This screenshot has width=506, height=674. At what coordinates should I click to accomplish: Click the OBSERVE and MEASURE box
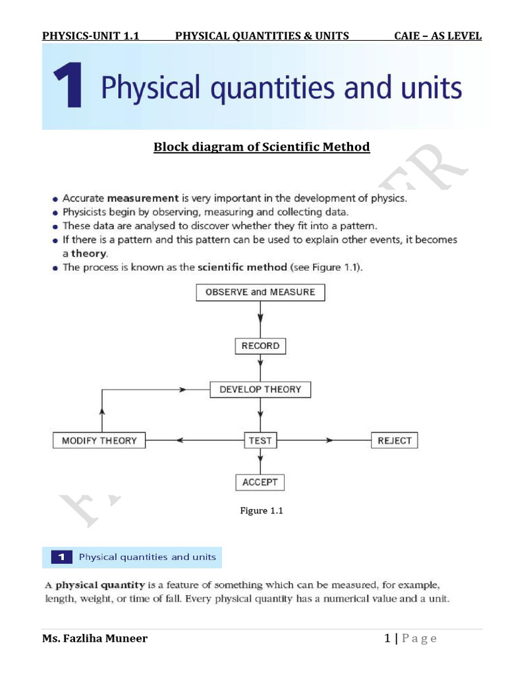point(260,292)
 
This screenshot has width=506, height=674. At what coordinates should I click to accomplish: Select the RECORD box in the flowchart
point(260,346)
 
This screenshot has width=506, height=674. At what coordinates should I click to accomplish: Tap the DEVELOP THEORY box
point(260,390)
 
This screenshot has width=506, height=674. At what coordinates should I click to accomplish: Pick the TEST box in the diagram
point(260,440)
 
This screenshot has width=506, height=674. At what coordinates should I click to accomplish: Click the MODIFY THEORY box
point(99,440)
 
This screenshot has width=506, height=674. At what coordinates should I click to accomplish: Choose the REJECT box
point(395,440)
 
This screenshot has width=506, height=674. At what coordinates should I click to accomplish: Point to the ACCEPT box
point(260,482)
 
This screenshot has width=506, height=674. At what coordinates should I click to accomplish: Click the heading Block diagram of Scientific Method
point(262,147)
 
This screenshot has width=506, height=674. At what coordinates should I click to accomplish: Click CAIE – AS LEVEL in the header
point(437,36)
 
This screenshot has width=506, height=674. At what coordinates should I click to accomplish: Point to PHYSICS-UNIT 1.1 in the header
point(90,36)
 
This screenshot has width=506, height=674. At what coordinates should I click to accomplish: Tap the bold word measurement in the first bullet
point(143,197)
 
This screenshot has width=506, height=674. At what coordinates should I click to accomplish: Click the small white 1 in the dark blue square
point(61,557)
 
